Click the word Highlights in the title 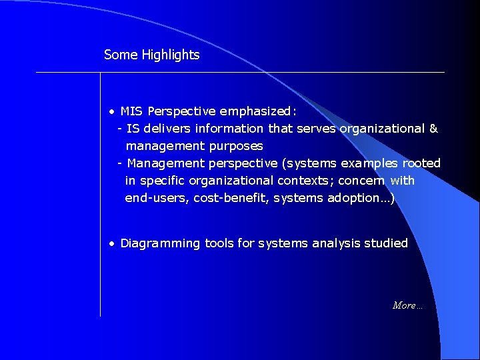tap(171, 55)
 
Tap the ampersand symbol tap(433, 128)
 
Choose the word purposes tap(236, 145)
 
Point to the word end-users tap(156, 197)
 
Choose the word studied tap(385, 243)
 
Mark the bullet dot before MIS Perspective tap(113, 111)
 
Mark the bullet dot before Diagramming tap(113, 244)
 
